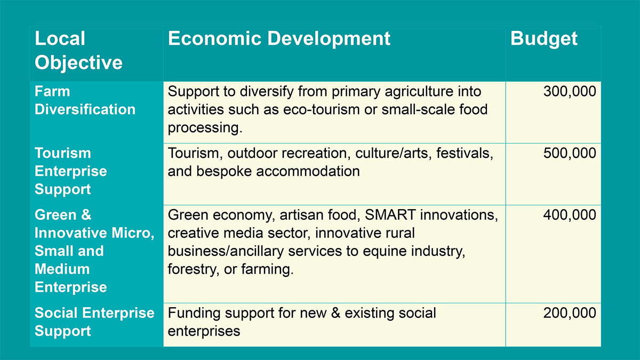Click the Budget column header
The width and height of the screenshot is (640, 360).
click(x=543, y=39)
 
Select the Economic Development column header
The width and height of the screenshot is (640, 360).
click(x=279, y=38)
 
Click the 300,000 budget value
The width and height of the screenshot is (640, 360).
click(x=570, y=91)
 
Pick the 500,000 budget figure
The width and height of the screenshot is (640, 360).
click(x=570, y=153)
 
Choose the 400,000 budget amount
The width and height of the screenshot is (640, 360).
click(x=570, y=215)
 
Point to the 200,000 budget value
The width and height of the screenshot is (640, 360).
click(x=570, y=313)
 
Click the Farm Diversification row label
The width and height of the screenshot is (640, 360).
click(x=85, y=101)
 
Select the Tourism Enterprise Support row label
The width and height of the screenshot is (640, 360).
click(x=71, y=171)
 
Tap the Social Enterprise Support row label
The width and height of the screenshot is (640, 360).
click(x=94, y=322)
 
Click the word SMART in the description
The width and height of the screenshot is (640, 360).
click(x=390, y=215)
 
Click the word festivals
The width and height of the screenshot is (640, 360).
click(x=465, y=154)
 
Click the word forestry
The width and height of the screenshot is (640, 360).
click(x=193, y=270)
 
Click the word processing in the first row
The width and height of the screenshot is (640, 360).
click(x=205, y=128)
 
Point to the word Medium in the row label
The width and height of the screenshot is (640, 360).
click(x=62, y=269)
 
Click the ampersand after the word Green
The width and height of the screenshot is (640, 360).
click(x=86, y=215)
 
